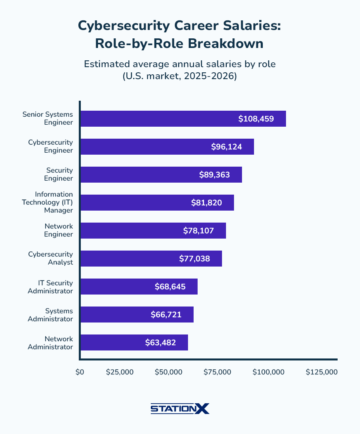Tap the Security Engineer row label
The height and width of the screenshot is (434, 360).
59,174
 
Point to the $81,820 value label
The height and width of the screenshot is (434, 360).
206,203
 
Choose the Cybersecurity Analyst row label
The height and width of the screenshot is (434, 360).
50,258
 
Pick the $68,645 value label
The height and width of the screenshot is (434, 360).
170,287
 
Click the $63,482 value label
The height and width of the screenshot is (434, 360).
160,342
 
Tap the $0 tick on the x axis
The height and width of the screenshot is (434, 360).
80,372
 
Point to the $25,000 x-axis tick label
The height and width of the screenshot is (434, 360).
120,372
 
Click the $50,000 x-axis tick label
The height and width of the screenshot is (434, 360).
168,372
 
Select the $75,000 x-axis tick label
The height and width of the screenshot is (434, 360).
217,372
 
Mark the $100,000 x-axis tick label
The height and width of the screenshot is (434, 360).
268,372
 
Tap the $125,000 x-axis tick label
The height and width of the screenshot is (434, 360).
322,372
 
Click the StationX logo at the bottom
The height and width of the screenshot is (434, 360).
180,408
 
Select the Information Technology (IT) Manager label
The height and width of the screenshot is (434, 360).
47,202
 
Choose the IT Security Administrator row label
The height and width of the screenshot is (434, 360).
50,287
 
